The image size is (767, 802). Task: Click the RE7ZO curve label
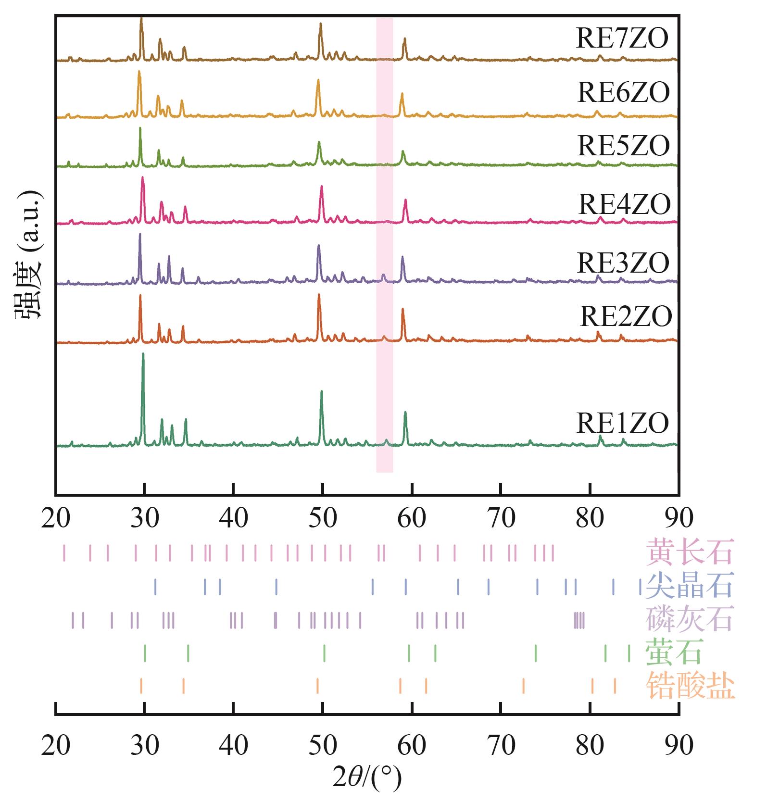pyautogui.click(x=622, y=38)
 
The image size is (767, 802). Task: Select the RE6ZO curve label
pyautogui.click(x=623, y=92)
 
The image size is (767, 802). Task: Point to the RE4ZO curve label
pyautogui.click(x=624, y=204)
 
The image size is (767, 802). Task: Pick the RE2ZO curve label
pyautogui.click(x=626, y=316)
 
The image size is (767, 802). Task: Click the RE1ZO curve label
pyautogui.click(x=623, y=424)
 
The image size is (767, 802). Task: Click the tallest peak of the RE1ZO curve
pyautogui.click(x=143, y=354)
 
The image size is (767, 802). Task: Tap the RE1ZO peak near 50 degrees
pyautogui.click(x=322, y=392)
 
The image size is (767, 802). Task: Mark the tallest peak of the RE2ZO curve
pyautogui.click(x=319, y=295)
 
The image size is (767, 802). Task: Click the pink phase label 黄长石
pyautogui.click(x=690, y=552)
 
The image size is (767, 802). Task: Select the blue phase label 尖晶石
pyautogui.click(x=690, y=585)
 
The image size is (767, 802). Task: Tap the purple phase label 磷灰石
pyautogui.click(x=690, y=618)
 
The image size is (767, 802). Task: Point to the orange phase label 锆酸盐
pyautogui.click(x=690, y=685)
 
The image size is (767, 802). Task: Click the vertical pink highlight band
pyautogui.click(x=384, y=245)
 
